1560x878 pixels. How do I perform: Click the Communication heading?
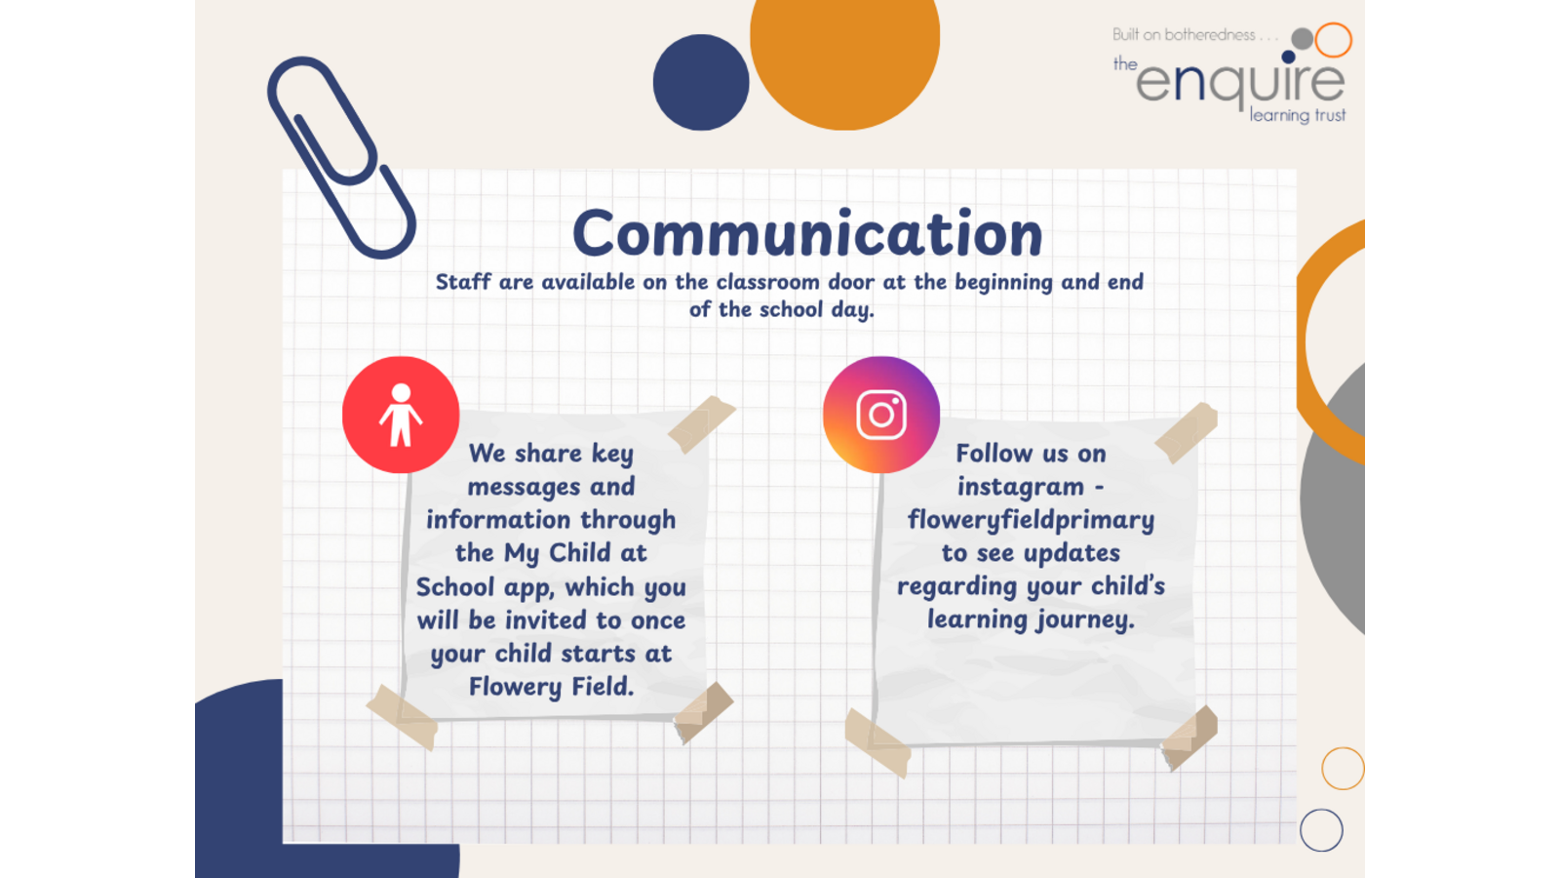click(x=807, y=234)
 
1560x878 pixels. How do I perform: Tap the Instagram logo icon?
click(x=881, y=415)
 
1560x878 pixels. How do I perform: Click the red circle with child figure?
click(x=401, y=415)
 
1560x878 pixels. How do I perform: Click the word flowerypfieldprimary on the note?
click(x=1031, y=521)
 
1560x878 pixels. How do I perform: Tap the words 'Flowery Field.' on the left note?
click(x=551, y=687)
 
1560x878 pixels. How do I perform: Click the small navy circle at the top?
click(x=701, y=82)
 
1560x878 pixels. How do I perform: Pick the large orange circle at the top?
click(x=844, y=49)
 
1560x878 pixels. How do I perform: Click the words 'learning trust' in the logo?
click(x=1298, y=116)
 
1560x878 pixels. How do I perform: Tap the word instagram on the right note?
click(x=1020, y=487)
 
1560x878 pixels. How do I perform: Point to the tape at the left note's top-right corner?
click(x=701, y=424)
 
